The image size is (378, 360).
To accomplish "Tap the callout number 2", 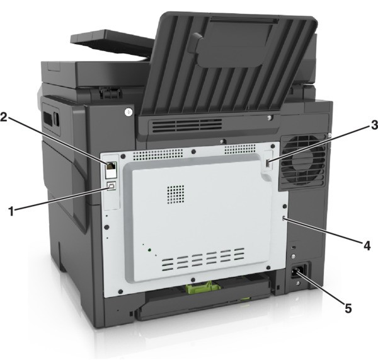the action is click(x=4, y=117).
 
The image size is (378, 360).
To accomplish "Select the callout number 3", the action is click(x=374, y=125).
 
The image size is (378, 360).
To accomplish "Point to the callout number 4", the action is click(x=367, y=246).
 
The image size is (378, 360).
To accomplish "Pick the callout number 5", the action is click(x=348, y=308).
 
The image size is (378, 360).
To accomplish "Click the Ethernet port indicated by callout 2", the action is click(x=111, y=166).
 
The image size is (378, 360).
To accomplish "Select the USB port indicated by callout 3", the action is click(x=268, y=164).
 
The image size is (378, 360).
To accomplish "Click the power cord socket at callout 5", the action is click(x=299, y=271).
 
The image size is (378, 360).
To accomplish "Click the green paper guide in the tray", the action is click(x=202, y=286).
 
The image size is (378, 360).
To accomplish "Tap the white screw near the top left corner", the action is click(x=129, y=111).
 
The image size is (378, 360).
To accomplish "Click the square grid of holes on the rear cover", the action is click(x=176, y=194).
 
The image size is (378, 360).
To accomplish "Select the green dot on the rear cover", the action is click(x=149, y=250).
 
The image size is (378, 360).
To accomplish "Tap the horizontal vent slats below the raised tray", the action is click(x=187, y=125).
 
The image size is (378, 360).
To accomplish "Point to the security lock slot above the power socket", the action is click(x=294, y=248).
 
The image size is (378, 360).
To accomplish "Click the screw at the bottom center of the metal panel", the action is click(x=193, y=280).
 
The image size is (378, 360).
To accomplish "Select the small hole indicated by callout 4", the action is click(x=283, y=218).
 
